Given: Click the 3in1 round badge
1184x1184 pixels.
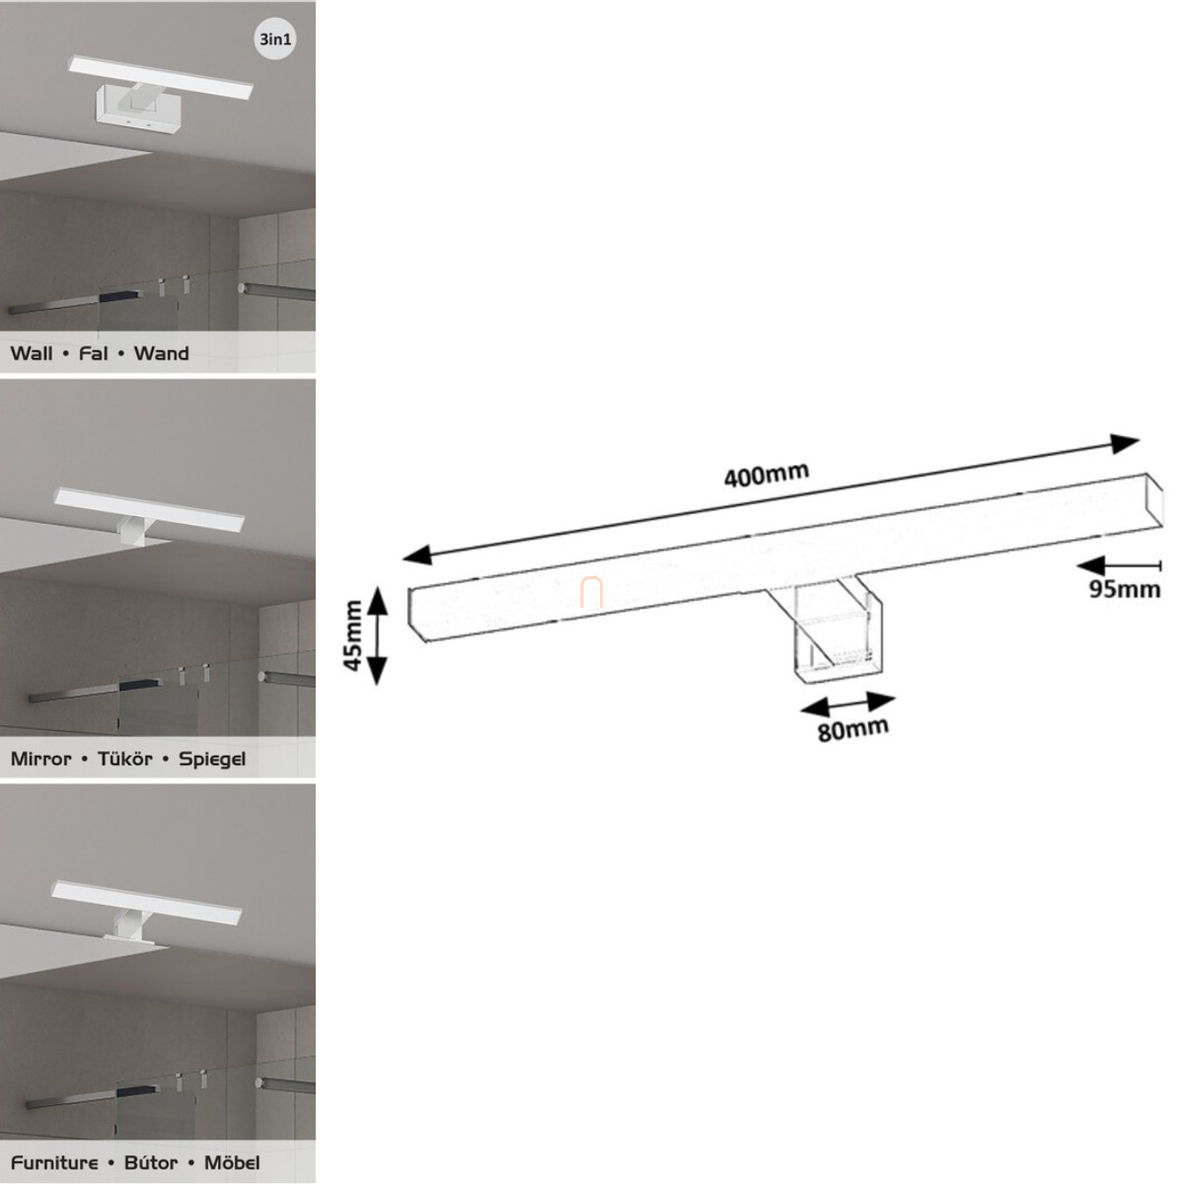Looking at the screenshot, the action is (x=274, y=39).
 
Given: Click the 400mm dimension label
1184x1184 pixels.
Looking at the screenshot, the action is (x=767, y=475).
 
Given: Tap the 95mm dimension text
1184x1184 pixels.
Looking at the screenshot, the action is (x=1125, y=589).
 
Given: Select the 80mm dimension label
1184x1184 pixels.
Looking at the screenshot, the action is (x=852, y=729).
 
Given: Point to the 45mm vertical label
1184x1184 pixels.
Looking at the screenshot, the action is (x=353, y=635).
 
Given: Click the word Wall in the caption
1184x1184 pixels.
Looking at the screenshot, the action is (x=32, y=353).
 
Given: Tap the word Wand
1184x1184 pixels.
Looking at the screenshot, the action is (x=162, y=353).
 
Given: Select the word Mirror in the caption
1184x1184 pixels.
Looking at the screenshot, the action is (x=40, y=759).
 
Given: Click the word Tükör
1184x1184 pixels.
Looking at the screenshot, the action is (x=124, y=759).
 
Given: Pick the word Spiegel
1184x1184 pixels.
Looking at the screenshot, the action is (x=212, y=760).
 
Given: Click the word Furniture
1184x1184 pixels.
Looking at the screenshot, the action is (x=54, y=1163).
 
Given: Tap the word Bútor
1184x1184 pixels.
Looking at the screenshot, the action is (x=151, y=1163).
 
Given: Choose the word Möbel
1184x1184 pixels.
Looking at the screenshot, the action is (x=232, y=1163).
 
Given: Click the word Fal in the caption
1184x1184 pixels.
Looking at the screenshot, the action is (x=94, y=353).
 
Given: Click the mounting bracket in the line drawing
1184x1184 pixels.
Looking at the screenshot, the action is (x=837, y=631).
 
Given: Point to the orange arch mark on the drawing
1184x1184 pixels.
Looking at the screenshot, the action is (x=591, y=592).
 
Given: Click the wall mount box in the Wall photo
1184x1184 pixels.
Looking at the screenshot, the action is (x=136, y=109).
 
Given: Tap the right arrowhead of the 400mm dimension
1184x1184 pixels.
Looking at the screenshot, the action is (x=1126, y=443).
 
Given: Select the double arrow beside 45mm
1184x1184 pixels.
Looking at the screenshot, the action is (x=377, y=635).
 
